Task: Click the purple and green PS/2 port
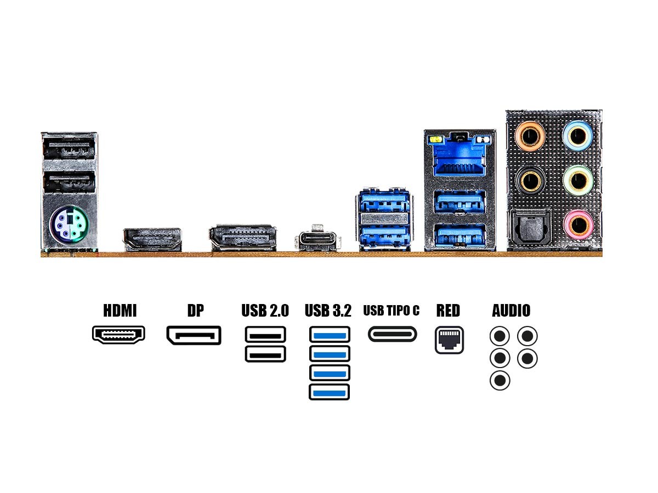pyautogui.click(x=69, y=223)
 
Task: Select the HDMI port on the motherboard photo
pyautogui.click(x=152, y=239)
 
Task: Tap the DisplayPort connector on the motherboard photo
pyautogui.click(x=242, y=237)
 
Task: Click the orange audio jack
pyautogui.click(x=530, y=135)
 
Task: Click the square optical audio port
pyautogui.click(x=530, y=227)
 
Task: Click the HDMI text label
pyautogui.click(x=120, y=311)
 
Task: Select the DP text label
pyautogui.click(x=195, y=311)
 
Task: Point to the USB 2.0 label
pyautogui.click(x=265, y=311)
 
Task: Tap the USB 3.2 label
pyautogui.click(x=328, y=311)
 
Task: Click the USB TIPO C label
pyautogui.click(x=392, y=311)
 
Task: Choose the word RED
pyautogui.click(x=448, y=311)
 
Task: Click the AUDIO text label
pyautogui.click(x=511, y=311)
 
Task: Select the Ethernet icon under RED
pyautogui.click(x=449, y=340)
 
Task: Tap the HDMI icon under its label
pyautogui.click(x=118, y=335)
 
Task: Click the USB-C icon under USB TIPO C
pyautogui.click(x=392, y=334)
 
